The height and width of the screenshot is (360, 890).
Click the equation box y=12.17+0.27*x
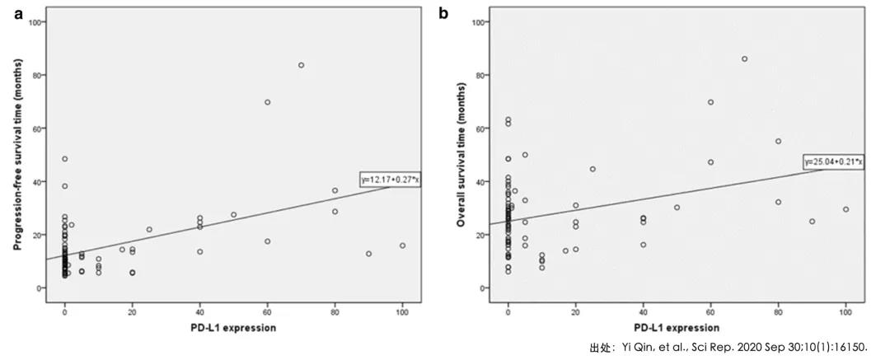click(x=390, y=179)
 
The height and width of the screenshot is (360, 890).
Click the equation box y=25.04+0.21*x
click(x=833, y=162)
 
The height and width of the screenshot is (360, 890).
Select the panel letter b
click(x=444, y=12)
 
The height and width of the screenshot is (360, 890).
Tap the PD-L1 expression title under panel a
click(x=233, y=327)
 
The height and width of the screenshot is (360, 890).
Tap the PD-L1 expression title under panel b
click(x=677, y=327)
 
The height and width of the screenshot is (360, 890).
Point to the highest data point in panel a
click(x=301, y=65)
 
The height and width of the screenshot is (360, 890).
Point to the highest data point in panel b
click(x=744, y=58)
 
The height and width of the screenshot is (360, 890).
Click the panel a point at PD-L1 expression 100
click(x=402, y=245)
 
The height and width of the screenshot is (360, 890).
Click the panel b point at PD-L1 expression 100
click(x=845, y=209)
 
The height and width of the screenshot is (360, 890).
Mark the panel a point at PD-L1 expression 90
click(x=368, y=254)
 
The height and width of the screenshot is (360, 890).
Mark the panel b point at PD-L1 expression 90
click(x=812, y=221)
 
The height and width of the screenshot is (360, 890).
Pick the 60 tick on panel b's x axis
click(x=710, y=306)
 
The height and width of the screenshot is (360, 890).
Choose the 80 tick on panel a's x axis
click(x=335, y=306)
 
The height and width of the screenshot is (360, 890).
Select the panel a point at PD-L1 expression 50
click(x=233, y=215)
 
